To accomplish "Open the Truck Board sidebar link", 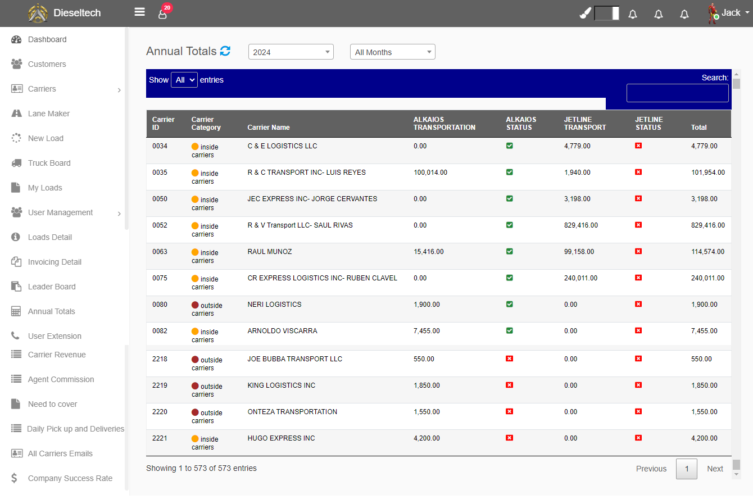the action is pyautogui.click(x=49, y=163).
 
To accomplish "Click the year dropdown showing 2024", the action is pyautogui.click(x=291, y=52).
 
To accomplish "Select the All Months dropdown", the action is pyautogui.click(x=393, y=52).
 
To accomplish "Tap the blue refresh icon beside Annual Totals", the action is pyautogui.click(x=225, y=51).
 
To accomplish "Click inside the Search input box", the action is pyautogui.click(x=677, y=93).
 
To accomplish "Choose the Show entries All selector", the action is pyautogui.click(x=184, y=80).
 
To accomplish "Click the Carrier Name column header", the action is pyautogui.click(x=269, y=128).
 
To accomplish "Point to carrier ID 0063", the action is pyautogui.click(x=160, y=252).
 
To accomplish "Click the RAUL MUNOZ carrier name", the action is pyautogui.click(x=270, y=252).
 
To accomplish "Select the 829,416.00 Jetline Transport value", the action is pyautogui.click(x=581, y=225).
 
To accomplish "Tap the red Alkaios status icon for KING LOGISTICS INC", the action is pyautogui.click(x=510, y=385).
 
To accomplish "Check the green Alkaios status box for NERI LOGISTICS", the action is pyautogui.click(x=510, y=305).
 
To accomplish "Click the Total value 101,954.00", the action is pyautogui.click(x=708, y=173).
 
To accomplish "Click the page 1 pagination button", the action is pyautogui.click(x=687, y=469).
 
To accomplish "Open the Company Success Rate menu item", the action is pyautogui.click(x=70, y=478).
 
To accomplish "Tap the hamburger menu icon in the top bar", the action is pyautogui.click(x=139, y=12).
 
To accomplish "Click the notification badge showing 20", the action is pyautogui.click(x=167, y=8).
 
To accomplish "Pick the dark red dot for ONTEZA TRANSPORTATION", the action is pyautogui.click(x=195, y=412).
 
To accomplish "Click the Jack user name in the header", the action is pyautogui.click(x=731, y=13).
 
